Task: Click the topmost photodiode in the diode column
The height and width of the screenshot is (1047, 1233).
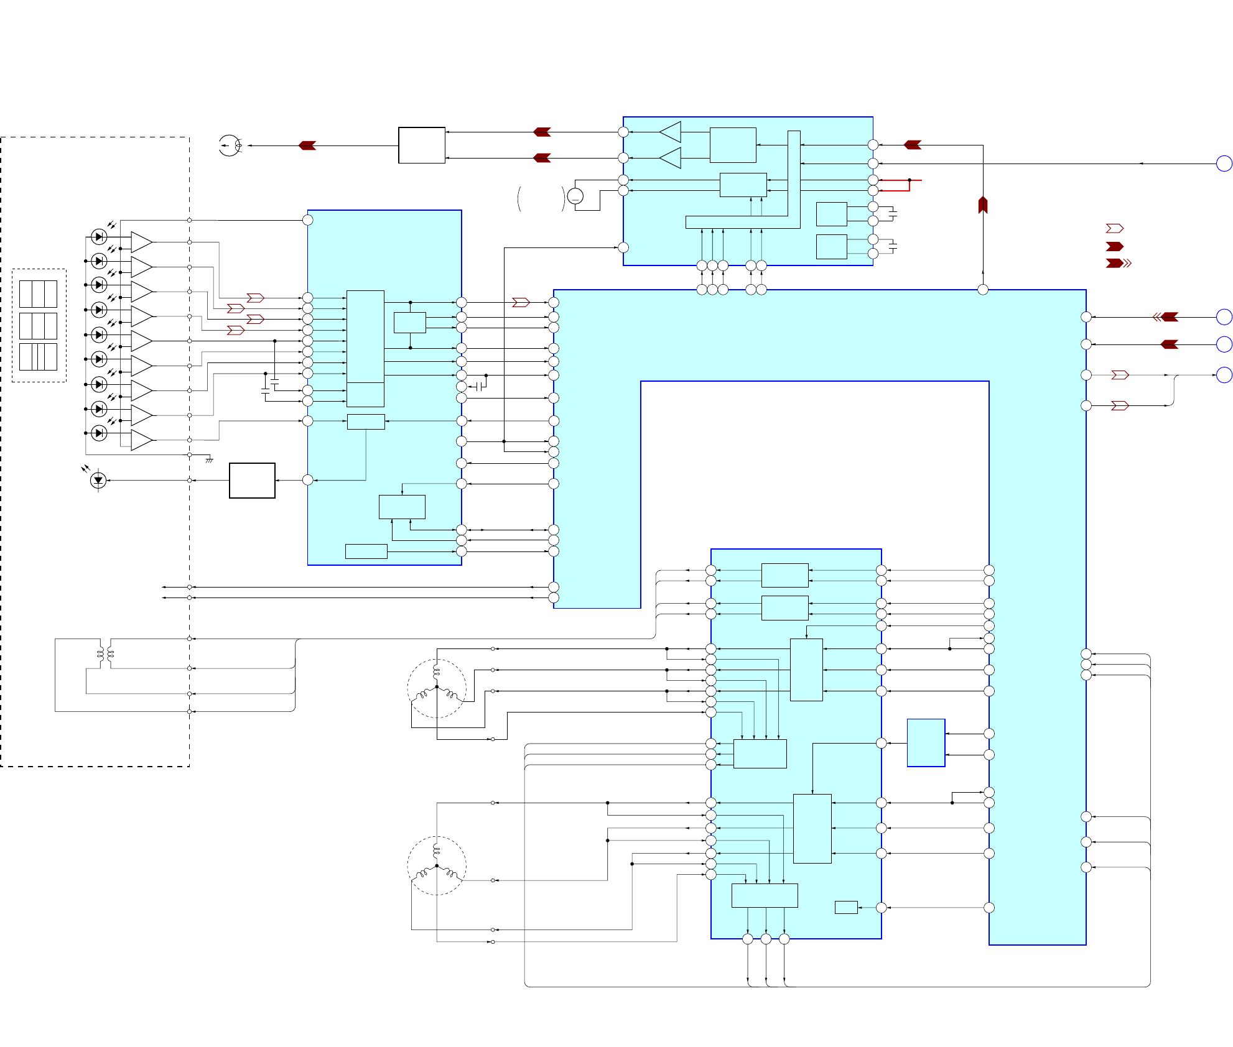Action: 99,237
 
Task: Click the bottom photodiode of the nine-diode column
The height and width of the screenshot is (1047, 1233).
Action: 99,433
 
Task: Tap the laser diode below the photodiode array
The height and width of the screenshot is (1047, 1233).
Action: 98,480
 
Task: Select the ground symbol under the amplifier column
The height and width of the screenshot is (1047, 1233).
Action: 210,460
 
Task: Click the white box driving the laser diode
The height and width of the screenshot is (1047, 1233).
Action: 252,480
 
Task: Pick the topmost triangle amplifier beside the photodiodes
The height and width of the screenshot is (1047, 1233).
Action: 141,242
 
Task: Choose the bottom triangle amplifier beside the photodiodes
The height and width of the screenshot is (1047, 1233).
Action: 141,440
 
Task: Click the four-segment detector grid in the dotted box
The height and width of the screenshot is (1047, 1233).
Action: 38,357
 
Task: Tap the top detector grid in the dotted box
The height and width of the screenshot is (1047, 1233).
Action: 38,293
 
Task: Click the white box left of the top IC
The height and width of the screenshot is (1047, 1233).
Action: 421,145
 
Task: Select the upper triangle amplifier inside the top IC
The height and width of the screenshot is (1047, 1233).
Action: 671,132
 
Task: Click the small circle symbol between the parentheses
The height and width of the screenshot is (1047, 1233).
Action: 575,197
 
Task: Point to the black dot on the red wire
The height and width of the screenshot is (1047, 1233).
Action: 910,180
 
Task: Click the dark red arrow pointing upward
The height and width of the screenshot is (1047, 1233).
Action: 983,205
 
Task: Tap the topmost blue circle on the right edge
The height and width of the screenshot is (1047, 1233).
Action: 1224,164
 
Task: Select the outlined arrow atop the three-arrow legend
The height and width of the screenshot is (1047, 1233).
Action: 1114,229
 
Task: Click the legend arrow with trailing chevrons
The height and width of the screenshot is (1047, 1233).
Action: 1118,264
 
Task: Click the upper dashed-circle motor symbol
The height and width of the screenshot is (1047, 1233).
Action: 437,688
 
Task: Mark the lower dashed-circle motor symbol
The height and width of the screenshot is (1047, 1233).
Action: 437,865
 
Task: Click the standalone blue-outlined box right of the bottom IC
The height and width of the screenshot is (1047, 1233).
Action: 926,743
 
